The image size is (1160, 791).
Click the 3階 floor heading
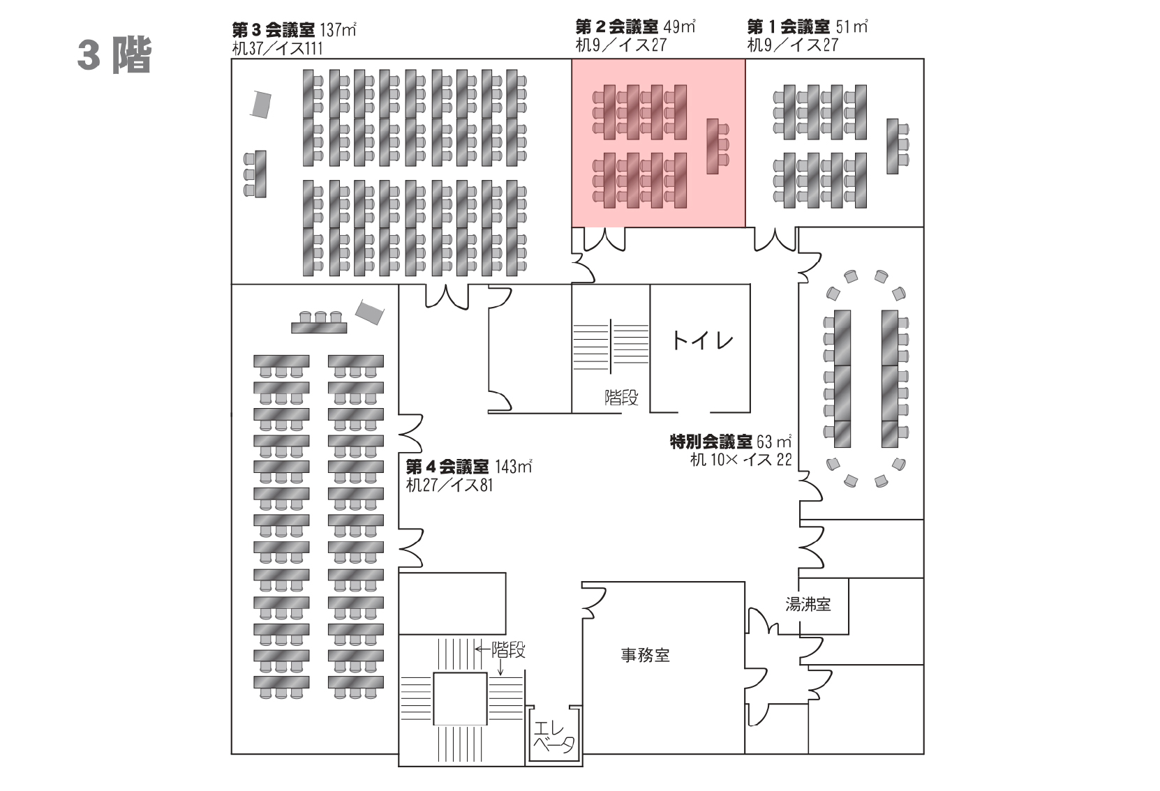coord(114,56)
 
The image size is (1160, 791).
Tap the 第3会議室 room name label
coord(273,30)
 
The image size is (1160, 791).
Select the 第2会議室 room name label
coord(616,27)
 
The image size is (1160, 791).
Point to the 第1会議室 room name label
coord(788,27)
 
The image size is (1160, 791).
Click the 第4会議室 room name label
coord(447,466)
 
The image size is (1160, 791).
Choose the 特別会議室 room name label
coord(711,442)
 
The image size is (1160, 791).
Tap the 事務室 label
coord(645,655)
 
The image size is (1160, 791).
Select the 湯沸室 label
coord(808,604)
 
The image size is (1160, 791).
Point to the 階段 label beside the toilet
coord(621,398)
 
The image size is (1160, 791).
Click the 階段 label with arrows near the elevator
coord(508,650)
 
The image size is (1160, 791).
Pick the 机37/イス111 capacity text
coord(277,49)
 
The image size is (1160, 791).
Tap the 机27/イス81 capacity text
coord(449,485)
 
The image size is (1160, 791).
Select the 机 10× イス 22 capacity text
coord(741,460)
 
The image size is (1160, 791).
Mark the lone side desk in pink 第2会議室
coord(713,146)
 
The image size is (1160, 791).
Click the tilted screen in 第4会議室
coord(369,311)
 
